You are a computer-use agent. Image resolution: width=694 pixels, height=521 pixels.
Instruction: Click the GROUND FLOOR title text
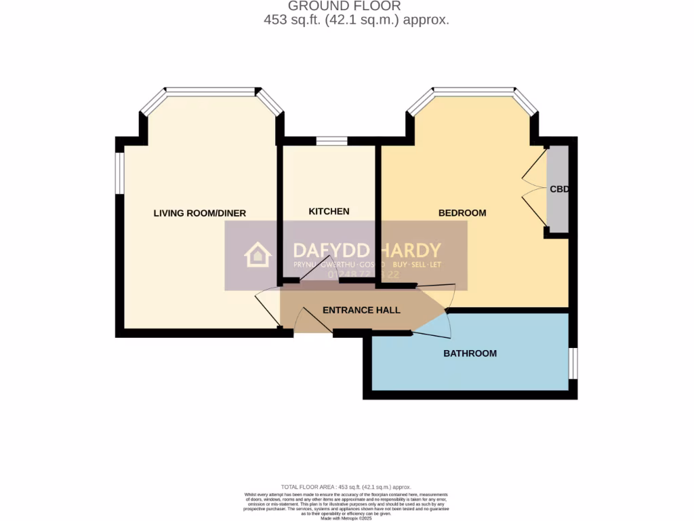(354, 6)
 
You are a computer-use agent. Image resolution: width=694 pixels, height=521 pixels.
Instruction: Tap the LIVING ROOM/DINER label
(199, 213)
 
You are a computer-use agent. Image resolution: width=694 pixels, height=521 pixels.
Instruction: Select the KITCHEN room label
(329, 211)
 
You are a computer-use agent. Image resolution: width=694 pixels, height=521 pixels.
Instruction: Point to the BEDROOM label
(462, 213)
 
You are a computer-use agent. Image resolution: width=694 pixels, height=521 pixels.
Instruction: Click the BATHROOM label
(470, 353)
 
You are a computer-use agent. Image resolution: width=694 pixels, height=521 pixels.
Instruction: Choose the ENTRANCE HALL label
(361, 310)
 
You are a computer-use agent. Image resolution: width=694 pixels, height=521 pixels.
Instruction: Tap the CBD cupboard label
(558, 190)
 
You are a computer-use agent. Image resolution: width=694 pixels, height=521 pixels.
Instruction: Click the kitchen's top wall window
(331, 141)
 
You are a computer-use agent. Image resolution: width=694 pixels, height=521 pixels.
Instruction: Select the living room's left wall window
(119, 173)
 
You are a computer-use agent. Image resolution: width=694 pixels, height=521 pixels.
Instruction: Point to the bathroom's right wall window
(573, 363)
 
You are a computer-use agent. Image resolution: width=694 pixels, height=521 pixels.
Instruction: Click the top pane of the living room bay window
(211, 91)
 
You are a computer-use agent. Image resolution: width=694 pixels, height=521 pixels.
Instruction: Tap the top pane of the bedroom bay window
(474, 91)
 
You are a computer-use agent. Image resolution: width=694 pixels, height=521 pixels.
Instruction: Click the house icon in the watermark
(258, 255)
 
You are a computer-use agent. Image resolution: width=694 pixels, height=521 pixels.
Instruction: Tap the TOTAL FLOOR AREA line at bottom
(346, 487)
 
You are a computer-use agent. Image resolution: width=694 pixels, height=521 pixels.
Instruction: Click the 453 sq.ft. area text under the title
(356, 20)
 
